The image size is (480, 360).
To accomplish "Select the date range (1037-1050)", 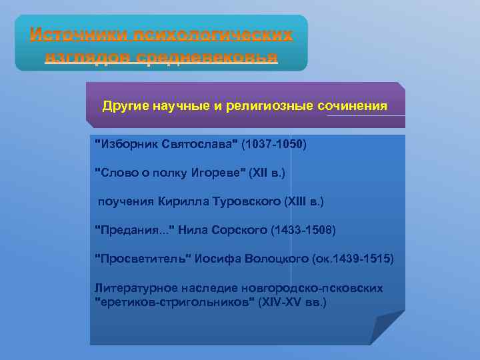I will (274, 144).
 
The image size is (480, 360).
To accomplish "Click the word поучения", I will (126, 201).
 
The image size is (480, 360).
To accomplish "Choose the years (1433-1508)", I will (304, 230).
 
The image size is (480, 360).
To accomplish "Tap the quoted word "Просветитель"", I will (143, 259).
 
